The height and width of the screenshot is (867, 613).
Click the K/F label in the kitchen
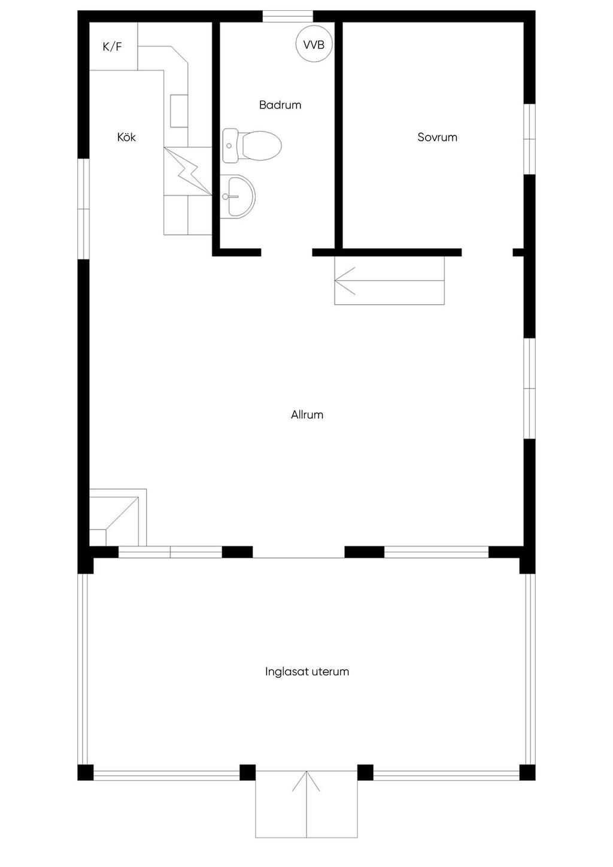coord(112,47)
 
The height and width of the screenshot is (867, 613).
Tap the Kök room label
coord(126,137)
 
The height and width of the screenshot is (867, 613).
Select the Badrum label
coord(280,105)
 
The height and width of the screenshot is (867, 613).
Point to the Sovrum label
coord(438,137)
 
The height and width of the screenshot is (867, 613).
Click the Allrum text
coord(307,415)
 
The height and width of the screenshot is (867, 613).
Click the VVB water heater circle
coord(314,44)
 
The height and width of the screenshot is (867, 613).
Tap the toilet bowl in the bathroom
coord(260,146)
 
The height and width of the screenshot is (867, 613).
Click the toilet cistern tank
coord(230,145)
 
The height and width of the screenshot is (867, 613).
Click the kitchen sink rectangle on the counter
coord(179,111)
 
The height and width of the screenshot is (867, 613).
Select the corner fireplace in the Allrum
coord(118,517)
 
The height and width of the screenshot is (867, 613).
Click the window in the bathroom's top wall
coord(287,16)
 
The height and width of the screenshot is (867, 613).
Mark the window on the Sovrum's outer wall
coord(529,139)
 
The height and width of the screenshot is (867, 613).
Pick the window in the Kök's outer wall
coord(84,208)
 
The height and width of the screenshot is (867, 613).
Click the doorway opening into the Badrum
coord(287,252)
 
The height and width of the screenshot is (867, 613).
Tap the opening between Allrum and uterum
coord(298,552)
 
